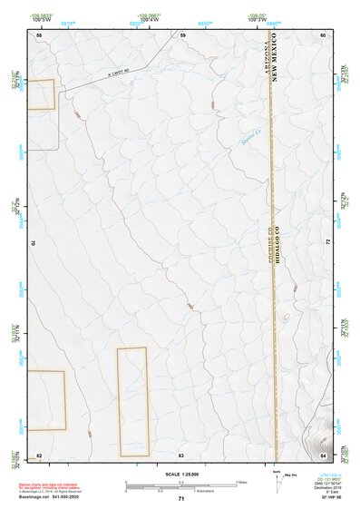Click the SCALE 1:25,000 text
click(180, 474)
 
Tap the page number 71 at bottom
click(181, 499)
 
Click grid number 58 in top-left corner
click(39, 34)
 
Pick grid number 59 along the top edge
click(182, 34)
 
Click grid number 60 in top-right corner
click(323, 34)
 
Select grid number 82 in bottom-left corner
click(39, 453)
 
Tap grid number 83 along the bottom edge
click(181, 453)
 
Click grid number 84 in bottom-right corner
click(323, 453)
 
